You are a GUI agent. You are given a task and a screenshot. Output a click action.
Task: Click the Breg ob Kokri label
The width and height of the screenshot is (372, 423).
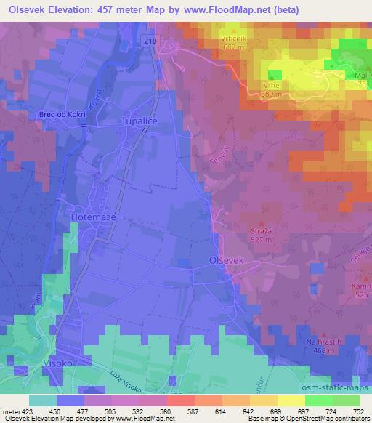62,115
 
